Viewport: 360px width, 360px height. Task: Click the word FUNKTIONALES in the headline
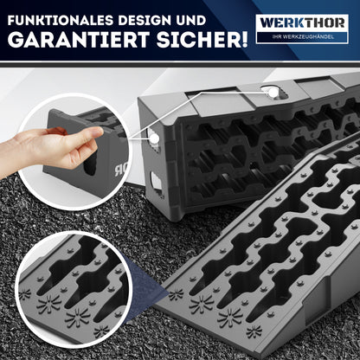(x=57, y=21)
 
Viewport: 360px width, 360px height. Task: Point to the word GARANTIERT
(x=79, y=40)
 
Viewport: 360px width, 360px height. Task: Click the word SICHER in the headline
(x=197, y=40)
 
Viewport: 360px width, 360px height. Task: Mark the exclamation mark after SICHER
(x=243, y=40)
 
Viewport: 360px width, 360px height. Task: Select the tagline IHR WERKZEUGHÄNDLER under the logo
(x=303, y=36)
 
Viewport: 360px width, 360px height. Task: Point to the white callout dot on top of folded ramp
(x=273, y=93)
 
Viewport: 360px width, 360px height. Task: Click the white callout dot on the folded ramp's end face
(x=155, y=138)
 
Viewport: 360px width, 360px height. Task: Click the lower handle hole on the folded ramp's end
(x=156, y=181)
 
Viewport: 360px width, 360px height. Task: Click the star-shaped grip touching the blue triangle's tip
(x=176, y=294)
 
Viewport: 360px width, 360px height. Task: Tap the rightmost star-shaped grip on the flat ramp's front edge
(x=254, y=331)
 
